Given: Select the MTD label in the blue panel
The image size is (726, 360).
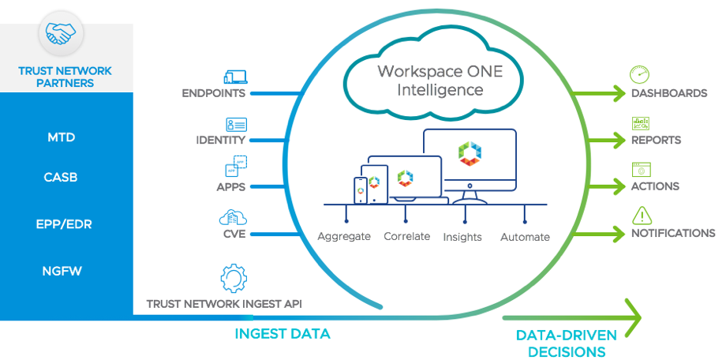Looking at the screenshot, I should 61,137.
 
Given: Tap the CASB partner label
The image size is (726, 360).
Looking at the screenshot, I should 61,178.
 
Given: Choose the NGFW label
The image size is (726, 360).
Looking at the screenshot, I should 62,272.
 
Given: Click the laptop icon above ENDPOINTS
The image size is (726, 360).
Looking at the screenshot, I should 235,77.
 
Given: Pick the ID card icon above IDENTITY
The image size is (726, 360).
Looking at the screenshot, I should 236,124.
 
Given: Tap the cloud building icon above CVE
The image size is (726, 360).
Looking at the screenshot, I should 235,218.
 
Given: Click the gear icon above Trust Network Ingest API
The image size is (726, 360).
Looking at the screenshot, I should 234,278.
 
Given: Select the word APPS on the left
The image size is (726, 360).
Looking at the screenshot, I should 230,187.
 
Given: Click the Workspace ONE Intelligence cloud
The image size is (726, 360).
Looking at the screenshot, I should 429,79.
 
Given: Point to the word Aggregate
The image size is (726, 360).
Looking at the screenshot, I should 344,236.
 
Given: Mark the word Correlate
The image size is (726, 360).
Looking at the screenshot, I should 406,236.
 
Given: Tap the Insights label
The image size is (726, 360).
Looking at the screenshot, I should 462,237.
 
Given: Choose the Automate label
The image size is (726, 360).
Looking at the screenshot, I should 525,237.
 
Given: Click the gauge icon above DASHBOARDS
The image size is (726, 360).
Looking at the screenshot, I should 639,75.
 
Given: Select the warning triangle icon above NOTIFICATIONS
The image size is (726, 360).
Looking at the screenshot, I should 641,215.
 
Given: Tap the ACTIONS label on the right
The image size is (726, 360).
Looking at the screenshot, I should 655,187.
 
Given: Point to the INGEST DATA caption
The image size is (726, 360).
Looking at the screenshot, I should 283,334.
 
